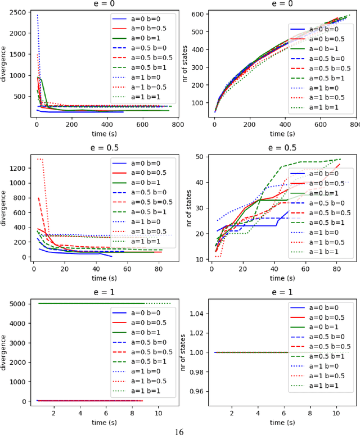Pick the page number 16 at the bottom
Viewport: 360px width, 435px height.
[179, 431]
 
